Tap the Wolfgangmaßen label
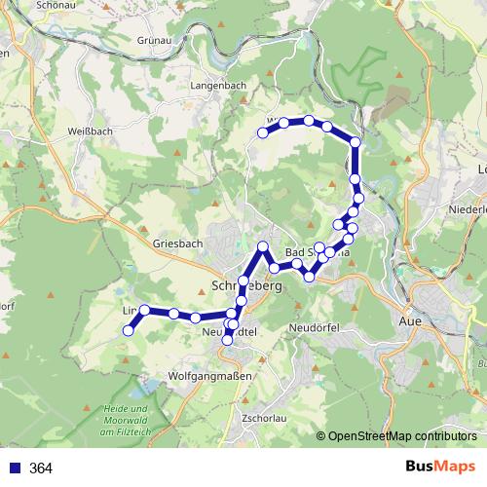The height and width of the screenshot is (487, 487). coord(210,375)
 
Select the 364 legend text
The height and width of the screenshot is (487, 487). coord(41,468)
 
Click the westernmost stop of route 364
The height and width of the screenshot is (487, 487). coord(127,331)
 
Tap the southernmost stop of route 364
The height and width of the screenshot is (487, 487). coord(228,340)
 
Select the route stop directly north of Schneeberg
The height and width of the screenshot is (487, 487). coord(262,245)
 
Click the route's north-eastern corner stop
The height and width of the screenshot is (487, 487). coord(356,142)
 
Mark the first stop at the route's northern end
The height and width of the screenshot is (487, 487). coord(262,132)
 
